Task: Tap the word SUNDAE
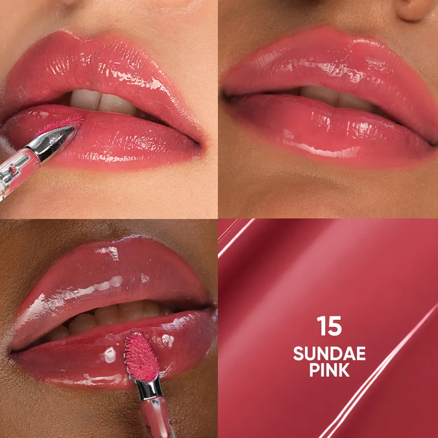(x=329, y=353)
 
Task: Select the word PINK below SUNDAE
(x=329, y=370)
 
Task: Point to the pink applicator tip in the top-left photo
(x=65, y=123)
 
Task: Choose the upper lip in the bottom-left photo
(x=104, y=274)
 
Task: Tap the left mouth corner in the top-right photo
(x=224, y=96)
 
